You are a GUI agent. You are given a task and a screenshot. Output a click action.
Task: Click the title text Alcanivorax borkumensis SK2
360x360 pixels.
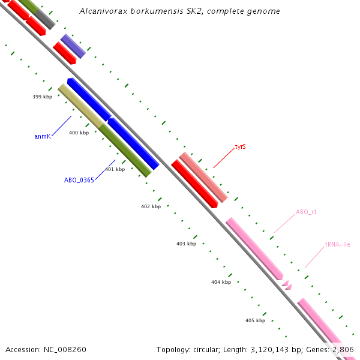179,11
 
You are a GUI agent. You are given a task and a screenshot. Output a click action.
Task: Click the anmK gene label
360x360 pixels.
42,137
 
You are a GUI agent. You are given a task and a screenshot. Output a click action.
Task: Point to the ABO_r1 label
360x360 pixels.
306,212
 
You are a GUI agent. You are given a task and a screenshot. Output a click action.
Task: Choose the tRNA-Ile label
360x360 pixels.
338,245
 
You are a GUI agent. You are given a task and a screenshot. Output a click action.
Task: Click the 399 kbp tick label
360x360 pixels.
42,96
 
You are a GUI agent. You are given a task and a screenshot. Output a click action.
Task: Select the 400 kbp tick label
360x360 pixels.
79,133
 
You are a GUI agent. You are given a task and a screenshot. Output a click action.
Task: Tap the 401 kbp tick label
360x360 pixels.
115,169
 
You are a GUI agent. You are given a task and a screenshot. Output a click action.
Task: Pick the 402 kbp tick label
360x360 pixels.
151,206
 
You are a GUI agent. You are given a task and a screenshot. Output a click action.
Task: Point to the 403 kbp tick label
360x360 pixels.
186,244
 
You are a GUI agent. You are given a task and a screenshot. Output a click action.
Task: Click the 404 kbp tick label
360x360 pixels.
221,282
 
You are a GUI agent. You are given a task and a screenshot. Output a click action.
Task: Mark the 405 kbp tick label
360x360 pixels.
255,320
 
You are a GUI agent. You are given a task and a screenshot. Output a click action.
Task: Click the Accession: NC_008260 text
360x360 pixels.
46,349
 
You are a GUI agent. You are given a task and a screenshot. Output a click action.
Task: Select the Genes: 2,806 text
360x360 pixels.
335,349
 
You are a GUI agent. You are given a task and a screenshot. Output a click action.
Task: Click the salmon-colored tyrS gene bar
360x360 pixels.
203,177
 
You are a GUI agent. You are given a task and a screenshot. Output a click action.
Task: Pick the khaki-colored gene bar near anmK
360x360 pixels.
79,104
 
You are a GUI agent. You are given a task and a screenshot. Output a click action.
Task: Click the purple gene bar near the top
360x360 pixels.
73,46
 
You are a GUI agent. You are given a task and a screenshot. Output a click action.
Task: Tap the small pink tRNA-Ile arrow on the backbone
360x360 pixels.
287,284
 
